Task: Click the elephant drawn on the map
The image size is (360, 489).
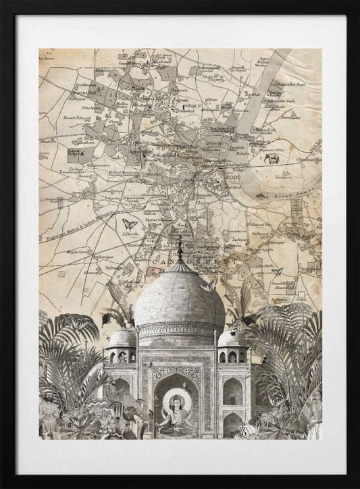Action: [272, 159]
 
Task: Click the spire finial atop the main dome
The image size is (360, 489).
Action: [180, 250]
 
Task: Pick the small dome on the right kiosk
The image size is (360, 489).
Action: [232, 337]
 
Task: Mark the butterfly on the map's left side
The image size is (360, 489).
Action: [130, 224]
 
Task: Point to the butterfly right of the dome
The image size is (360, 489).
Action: [276, 271]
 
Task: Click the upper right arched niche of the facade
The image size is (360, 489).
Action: [232, 391]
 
